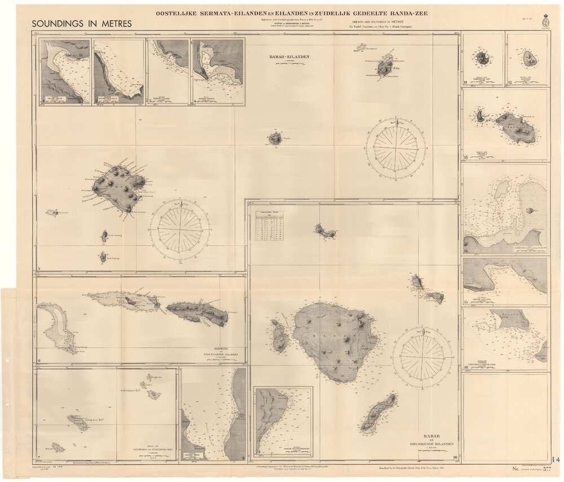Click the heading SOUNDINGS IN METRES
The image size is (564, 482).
coord(82,24)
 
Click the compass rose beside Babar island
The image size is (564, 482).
coord(422,357)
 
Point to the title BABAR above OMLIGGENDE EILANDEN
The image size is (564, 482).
coord(433,436)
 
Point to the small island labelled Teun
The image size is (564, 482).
coord(275,138)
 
